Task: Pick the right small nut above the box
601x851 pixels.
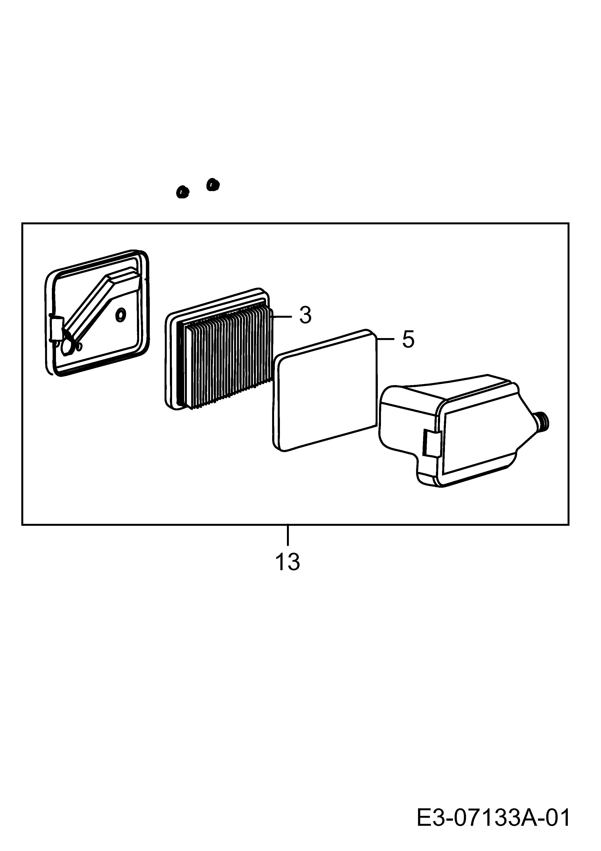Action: (x=213, y=184)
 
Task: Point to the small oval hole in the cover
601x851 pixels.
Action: (x=121, y=315)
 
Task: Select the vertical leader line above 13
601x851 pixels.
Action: (x=287, y=535)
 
